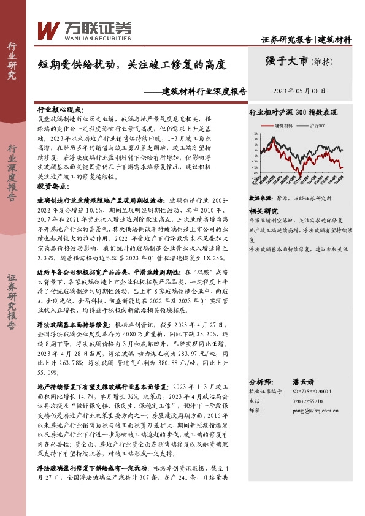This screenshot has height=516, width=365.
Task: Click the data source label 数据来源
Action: (x=260, y=199)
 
